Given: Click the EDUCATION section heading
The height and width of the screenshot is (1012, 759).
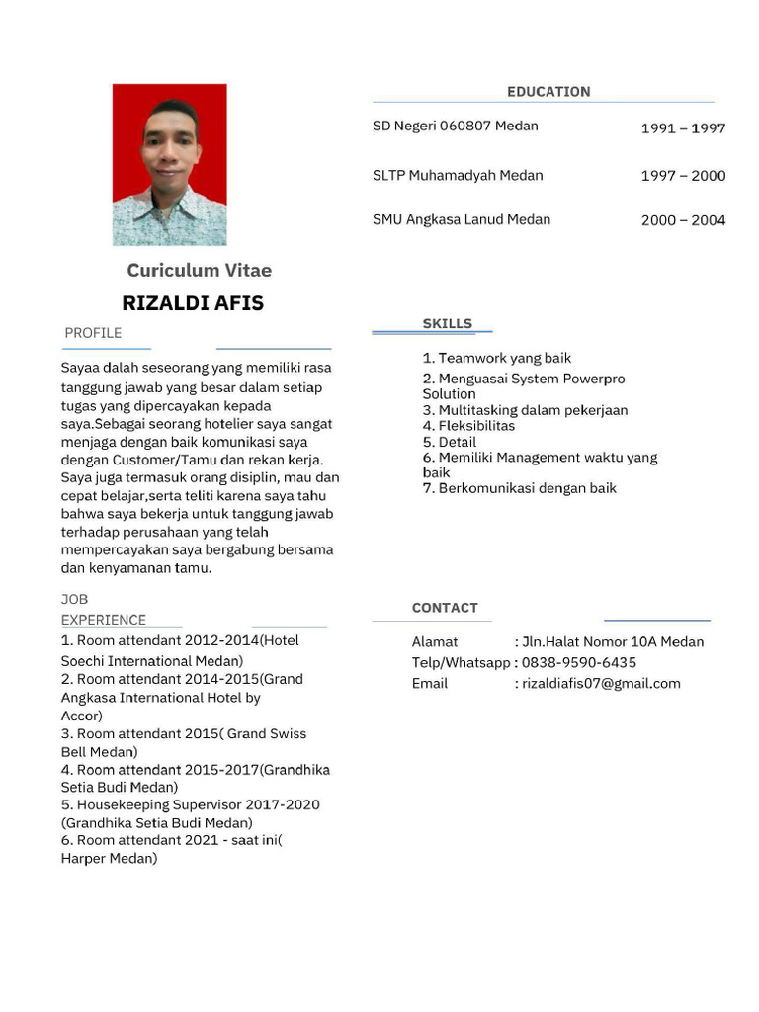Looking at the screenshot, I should tap(548, 92).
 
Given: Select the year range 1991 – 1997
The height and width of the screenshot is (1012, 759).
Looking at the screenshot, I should tap(683, 128).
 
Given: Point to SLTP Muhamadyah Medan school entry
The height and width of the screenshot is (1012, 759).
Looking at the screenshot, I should tap(458, 175).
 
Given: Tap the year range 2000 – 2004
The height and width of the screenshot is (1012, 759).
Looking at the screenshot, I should tap(683, 220).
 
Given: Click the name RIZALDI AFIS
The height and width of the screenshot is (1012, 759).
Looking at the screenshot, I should tap(193, 303).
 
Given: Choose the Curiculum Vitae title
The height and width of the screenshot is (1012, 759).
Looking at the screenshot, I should tap(199, 271).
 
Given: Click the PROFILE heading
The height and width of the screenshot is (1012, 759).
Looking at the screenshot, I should tap(93, 333).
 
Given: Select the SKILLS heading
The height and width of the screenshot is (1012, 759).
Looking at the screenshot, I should tap(447, 323).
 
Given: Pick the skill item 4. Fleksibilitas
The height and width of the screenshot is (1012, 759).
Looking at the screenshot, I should tap(468, 426).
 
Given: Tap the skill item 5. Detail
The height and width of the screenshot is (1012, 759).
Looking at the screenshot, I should tap(450, 442).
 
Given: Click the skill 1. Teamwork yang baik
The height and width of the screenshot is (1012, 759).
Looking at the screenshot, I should tap(496, 358).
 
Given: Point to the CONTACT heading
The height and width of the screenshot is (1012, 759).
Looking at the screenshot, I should tap(445, 608).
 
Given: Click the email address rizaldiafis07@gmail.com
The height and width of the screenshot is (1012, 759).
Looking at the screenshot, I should tap(601, 683).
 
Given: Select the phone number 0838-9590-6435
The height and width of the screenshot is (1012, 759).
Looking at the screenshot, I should tap(578, 662).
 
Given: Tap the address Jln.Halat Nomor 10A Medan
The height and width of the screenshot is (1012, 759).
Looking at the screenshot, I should tap(613, 641).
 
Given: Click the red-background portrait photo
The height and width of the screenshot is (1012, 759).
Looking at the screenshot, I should tap(169, 164).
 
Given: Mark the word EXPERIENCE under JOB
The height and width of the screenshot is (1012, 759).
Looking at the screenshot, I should tap(104, 620).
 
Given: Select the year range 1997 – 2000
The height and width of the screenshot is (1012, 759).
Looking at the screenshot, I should tap(683, 176).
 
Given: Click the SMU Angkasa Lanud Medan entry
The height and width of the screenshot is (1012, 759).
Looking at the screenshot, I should tap(462, 219).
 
